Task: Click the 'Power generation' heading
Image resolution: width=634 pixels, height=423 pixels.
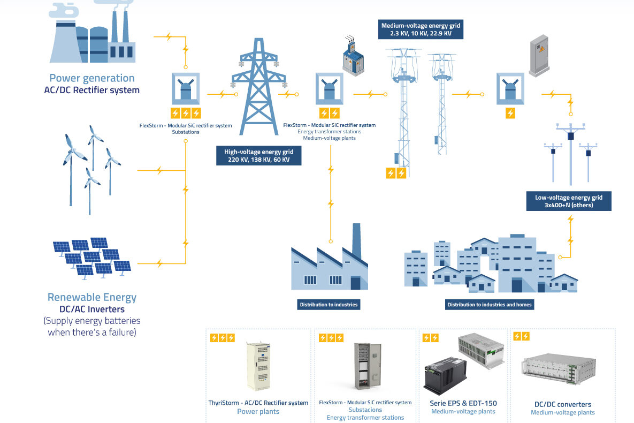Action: click(x=92, y=78)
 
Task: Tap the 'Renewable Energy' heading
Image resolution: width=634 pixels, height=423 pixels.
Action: click(x=92, y=297)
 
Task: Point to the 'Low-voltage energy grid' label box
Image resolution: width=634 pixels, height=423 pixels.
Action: click(x=569, y=201)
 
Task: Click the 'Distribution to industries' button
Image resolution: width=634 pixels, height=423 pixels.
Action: click(x=329, y=305)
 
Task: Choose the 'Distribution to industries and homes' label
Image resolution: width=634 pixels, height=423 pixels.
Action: click(x=490, y=305)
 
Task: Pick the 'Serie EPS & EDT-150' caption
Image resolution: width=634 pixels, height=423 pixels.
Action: click(x=463, y=403)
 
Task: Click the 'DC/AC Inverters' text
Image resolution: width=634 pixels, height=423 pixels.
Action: click(x=92, y=309)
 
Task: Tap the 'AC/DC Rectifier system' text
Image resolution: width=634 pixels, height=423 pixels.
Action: click(x=92, y=90)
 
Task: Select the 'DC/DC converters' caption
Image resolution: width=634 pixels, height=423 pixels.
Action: click(x=563, y=404)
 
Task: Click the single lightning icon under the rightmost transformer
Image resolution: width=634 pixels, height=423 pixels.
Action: click(x=510, y=114)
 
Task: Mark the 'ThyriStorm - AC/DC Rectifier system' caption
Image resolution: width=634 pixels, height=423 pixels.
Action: click(x=258, y=403)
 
